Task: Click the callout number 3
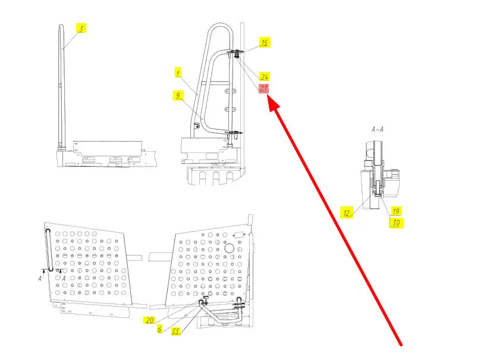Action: click(x=81, y=27)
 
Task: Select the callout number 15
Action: click(x=265, y=42)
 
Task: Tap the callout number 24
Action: click(x=265, y=77)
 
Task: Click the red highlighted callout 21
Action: click(x=264, y=88)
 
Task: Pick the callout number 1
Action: click(x=177, y=73)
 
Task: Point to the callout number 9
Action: click(x=177, y=95)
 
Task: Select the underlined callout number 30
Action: click(x=395, y=223)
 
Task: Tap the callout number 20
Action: click(x=149, y=320)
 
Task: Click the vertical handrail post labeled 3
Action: click(x=62, y=89)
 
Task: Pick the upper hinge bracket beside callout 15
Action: click(x=235, y=54)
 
